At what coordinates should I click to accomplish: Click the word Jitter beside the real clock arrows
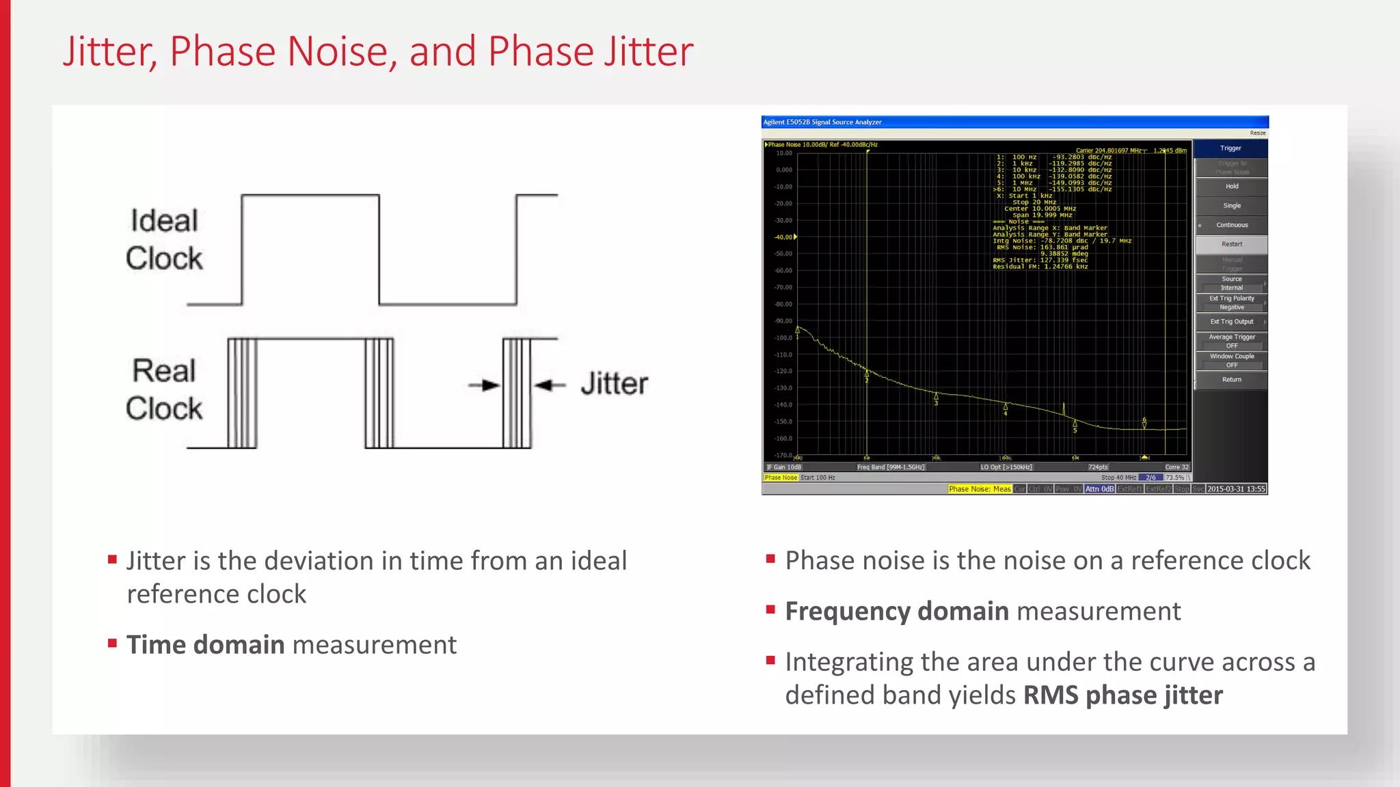click(614, 384)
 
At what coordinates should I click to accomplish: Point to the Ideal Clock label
click(164, 240)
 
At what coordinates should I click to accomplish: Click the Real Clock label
click(164, 390)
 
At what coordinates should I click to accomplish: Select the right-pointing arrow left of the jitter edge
click(484, 385)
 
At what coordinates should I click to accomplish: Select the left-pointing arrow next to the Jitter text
click(550, 385)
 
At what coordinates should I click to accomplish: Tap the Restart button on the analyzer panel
click(1232, 245)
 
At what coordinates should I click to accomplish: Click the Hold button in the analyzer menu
click(1232, 187)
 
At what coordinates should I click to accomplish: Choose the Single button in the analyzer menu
click(1232, 206)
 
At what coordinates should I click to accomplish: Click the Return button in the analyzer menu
click(1232, 380)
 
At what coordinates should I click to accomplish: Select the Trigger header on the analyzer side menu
click(1230, 148)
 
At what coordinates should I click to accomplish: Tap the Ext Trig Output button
click(1232, 322)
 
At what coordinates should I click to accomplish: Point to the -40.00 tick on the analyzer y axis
click(783, 237)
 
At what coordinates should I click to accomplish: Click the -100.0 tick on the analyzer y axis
click(783, 337)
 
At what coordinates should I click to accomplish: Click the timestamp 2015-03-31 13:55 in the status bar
click(1236, 489)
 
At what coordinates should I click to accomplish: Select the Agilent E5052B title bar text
click(822, 122)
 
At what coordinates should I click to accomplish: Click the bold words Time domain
click(206, 645)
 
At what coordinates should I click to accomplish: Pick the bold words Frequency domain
click(897, 611)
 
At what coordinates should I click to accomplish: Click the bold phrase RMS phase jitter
click(1122, 695)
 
